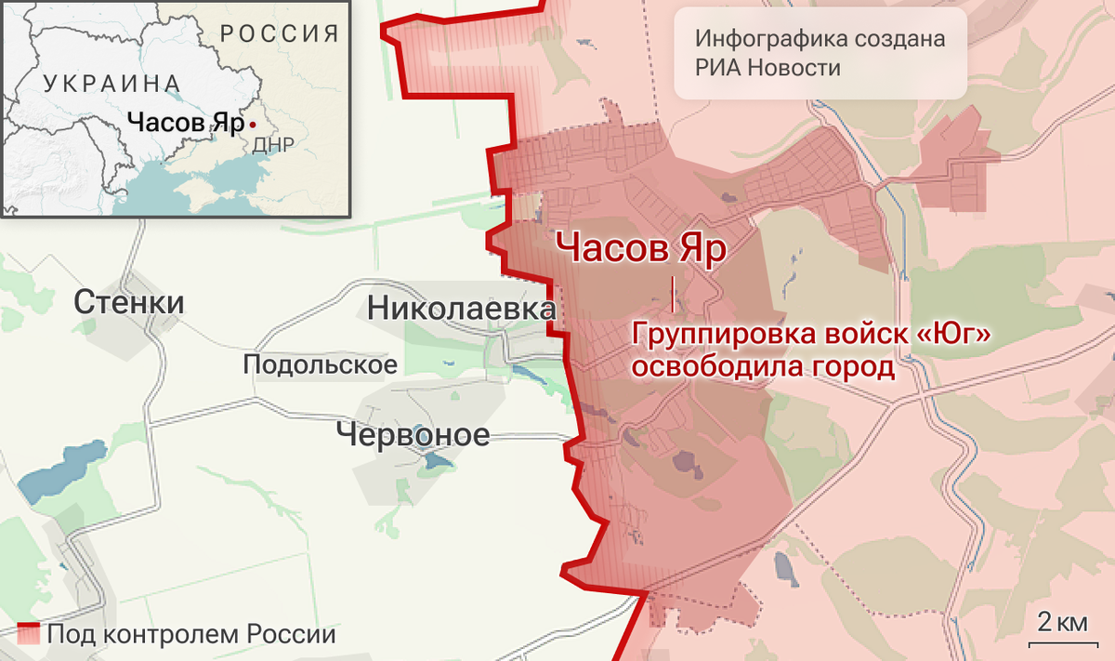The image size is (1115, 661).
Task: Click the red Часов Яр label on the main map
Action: (640, 249)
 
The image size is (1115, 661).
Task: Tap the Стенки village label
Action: (129, 302)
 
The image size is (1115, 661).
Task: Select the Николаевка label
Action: (463, 308)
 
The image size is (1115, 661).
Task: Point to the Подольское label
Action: (320, 364)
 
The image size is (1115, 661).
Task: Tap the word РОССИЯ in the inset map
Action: (280, 35)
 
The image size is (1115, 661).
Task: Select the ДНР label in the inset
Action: (272, 145)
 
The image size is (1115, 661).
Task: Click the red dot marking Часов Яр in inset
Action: (253, 124)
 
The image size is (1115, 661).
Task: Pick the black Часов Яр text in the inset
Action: (185, 123)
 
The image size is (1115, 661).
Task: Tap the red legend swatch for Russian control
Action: (29, 635)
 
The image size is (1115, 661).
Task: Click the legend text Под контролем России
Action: (191, 636)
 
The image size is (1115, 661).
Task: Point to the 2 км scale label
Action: (1062, 621)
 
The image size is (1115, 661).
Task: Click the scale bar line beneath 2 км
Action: (1062, 641)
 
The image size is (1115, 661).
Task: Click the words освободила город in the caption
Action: (763, 367)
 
